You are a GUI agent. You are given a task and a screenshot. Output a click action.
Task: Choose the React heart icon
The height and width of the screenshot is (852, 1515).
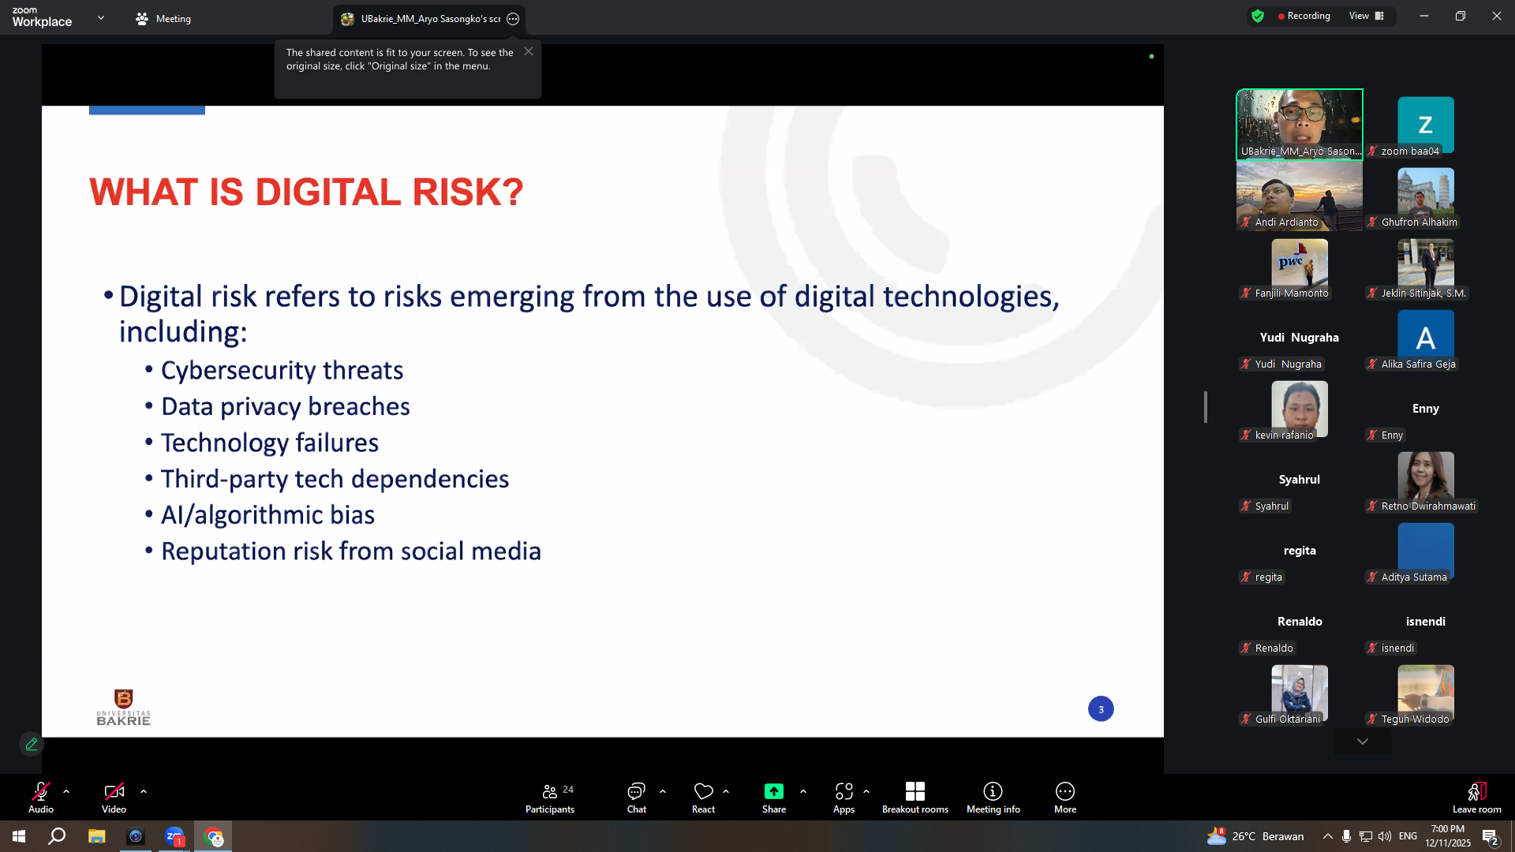click(x=703, y=791)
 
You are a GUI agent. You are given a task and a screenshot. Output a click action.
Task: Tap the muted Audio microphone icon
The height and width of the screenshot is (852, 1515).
click(x=41, y=791)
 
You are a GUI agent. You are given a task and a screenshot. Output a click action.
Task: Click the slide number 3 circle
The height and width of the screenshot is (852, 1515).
click(x=1101, y=709)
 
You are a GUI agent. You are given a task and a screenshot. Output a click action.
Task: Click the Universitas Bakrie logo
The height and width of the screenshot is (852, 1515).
click(x=123, y=707)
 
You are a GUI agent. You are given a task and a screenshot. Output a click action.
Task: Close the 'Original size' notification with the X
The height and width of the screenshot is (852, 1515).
click(x=529, y=51)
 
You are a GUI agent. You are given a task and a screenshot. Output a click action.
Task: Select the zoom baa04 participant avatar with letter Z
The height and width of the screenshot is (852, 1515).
click(x=1425, y=125)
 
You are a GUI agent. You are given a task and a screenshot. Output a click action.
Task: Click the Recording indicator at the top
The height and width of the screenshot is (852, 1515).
click(x=1304, y=16)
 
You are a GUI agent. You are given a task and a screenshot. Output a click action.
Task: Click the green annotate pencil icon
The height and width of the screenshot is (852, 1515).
click(x=32, y=744)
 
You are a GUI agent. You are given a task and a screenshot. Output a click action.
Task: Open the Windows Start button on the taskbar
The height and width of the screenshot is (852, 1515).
click(x=19, y=836)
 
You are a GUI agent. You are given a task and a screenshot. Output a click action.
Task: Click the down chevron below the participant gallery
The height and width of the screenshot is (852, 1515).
click(x=1362, y=742)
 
